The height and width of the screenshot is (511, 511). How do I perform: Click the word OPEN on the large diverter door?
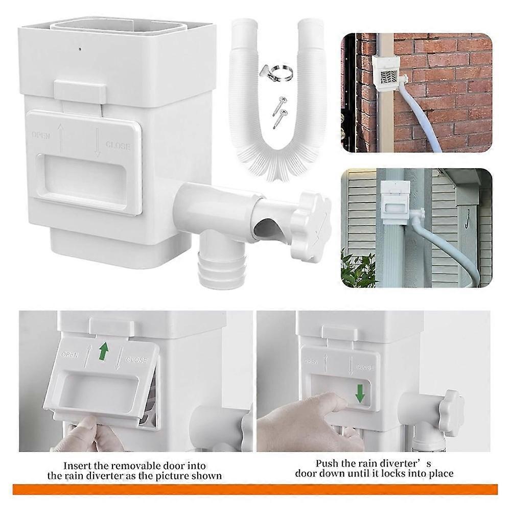pyautogui.click(x=40, y=135)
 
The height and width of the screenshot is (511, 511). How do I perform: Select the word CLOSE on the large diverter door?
pyautogui.click(x=118, y=146)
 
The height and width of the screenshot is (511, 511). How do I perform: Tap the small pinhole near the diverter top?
pyautogui.click(x=80, y=50)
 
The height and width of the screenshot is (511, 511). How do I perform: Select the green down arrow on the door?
pyautogui.click(x=360, y=393)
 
